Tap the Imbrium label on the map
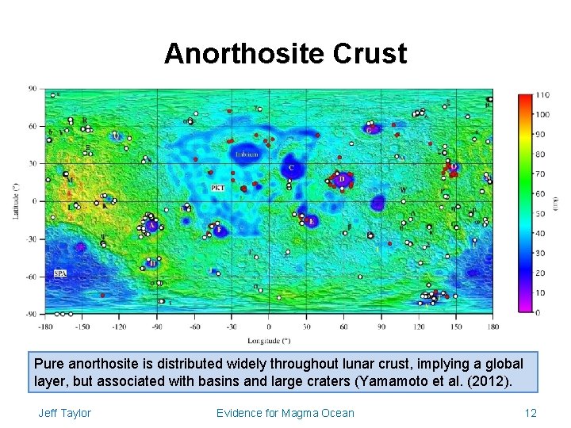click(246, 154)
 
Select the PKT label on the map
click(217, 188)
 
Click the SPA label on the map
click(60, 273)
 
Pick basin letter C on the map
click(291, 168)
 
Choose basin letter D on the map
click(342, 180)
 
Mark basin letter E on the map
click(311, 220)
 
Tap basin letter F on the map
click(218, 231)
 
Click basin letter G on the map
click(370, 128)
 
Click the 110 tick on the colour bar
click(542, 95)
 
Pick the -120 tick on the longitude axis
click(119, 326)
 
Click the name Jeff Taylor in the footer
click(64, 413)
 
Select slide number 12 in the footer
click(531, 413)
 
